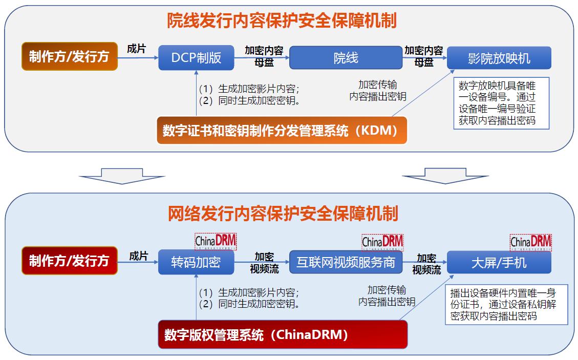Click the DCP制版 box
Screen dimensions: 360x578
click(196, 58)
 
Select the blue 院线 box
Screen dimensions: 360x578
click(346, 58)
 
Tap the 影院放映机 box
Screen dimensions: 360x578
click(499, 58)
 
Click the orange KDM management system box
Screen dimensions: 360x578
click(282, 131)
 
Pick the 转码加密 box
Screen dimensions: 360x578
click(196, 262)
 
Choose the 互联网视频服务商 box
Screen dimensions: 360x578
click(346, 262)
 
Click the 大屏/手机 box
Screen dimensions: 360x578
click(499, 262)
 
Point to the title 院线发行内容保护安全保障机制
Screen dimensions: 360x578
click(282, 21)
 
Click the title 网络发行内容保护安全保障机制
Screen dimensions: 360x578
click(283, 214)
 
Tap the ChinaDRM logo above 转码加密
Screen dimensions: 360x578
click(216, 241)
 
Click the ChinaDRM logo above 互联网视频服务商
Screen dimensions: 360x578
click(382, 241)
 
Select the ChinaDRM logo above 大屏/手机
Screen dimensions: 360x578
click(531, 241)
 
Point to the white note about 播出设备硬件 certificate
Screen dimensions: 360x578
click(506, 304)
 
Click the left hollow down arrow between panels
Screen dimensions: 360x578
click(122, 176)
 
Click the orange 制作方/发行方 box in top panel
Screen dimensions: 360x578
click(70, 56)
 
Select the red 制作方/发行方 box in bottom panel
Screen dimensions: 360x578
click(70, 261)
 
